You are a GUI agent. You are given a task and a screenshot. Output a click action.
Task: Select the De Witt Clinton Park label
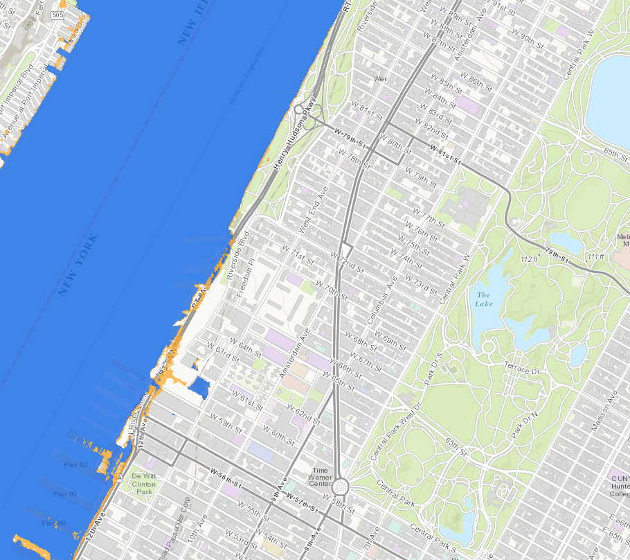point(143,484)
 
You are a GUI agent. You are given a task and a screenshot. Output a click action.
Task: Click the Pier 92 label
point(75,464)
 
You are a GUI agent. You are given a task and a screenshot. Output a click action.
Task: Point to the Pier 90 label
point(65,493)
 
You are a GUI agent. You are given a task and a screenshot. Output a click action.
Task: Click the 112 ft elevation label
point(530,259)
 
